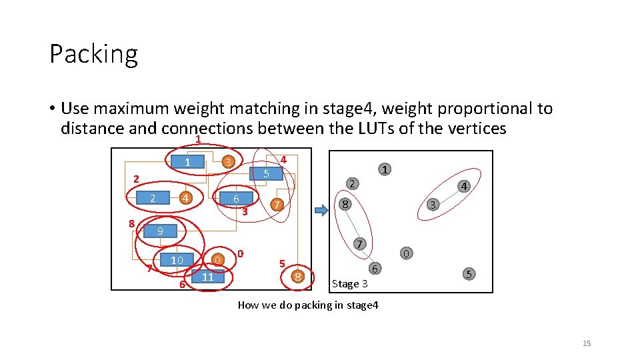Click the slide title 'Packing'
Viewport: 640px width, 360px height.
[93, 54]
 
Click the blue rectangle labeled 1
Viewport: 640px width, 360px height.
[187, 163]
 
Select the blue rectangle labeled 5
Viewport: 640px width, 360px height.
[265, 174]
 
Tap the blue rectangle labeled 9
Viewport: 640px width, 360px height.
[160, 231]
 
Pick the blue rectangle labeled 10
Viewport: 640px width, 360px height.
[176, 260]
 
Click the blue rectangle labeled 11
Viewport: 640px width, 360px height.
[207, 277]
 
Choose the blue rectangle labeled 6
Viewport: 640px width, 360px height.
[235, 199]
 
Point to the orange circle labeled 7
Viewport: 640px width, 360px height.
[276, 205]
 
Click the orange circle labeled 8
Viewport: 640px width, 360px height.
[299, 275]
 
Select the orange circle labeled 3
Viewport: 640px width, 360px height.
[227, 162]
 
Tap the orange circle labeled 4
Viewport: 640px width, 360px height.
[186, 198]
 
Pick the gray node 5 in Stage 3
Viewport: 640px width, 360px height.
[469, 273]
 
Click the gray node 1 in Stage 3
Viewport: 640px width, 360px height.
[385, 170]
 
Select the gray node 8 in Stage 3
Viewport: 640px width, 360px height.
[343, 205]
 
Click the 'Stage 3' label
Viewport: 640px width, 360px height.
[349, 284]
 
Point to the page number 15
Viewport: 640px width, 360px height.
[587, 343]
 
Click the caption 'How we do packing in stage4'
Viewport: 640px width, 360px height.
[307, 305]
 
